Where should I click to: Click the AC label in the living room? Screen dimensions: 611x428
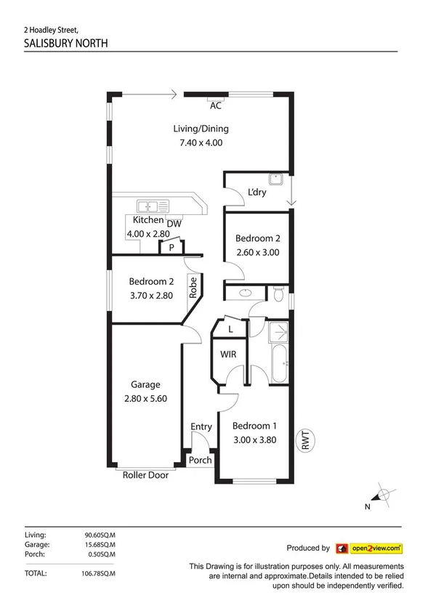215,106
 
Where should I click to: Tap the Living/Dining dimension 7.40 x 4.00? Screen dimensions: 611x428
201,143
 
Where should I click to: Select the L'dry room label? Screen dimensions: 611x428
257,193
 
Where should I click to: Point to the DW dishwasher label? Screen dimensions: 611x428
174,224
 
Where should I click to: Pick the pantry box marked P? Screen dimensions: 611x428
171,248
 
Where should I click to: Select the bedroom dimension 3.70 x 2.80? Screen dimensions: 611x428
150,296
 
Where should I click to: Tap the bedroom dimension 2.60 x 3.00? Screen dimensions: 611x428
257,253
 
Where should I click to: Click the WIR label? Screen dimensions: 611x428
230,355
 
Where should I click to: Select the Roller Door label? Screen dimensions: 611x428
146,475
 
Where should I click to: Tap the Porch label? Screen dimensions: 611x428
200,460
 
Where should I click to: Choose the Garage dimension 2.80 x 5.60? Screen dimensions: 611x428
145,399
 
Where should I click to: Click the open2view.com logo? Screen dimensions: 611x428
368,549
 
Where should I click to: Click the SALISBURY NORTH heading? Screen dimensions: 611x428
66,43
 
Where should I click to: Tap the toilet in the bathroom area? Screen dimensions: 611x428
279,293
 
